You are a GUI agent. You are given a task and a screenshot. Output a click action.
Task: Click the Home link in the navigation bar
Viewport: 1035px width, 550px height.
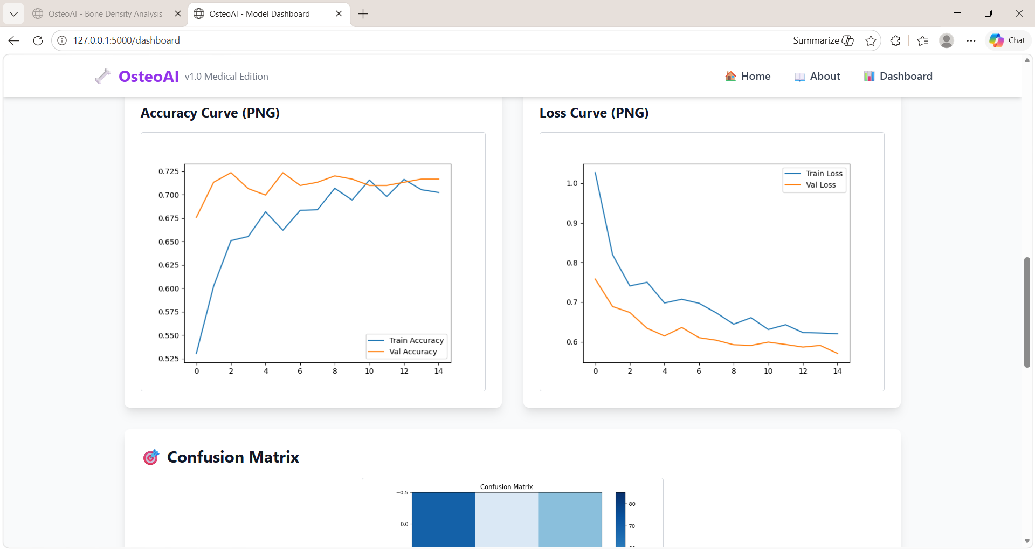click(x=748, y=77)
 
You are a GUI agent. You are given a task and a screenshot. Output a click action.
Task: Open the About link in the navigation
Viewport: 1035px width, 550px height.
click(x=817, y=77)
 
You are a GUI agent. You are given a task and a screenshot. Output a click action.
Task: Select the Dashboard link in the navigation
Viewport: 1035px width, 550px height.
click(x=898, y=77)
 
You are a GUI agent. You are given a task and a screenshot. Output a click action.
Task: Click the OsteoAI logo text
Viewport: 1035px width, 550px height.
click(x=149, y=77)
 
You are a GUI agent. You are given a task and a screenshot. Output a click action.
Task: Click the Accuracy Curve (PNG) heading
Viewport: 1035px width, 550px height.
click(x=210, y=113)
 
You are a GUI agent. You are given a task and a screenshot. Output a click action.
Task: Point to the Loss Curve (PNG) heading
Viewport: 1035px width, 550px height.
click(x=594, y=113)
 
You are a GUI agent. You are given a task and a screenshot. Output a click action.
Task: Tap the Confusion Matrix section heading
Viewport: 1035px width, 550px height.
click(x=233, y=457)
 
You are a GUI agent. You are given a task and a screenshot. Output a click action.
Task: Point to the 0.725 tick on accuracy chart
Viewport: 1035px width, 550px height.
click(x=169, y=171)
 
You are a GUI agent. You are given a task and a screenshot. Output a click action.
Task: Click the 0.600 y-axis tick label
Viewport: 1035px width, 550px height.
click(x=169, y=288)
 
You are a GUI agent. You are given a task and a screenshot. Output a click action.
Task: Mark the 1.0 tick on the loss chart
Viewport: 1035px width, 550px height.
click(x=572, y=183)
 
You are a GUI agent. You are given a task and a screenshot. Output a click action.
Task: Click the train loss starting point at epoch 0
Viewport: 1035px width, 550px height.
click(x=596, y=173)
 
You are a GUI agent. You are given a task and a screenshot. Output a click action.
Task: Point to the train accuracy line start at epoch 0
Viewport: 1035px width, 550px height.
click(x=197, y=353)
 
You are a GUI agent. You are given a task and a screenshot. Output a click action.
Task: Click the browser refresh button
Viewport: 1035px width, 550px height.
click(x=38, y=40)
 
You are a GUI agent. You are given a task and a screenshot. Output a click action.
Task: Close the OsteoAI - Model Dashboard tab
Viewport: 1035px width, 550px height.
click(x=339, y=13)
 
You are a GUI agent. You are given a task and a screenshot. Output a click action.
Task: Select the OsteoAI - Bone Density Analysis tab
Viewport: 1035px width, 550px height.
click(x=105, y=14)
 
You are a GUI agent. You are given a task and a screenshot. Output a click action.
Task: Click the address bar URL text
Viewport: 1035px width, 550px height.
click(x=127, y=40)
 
